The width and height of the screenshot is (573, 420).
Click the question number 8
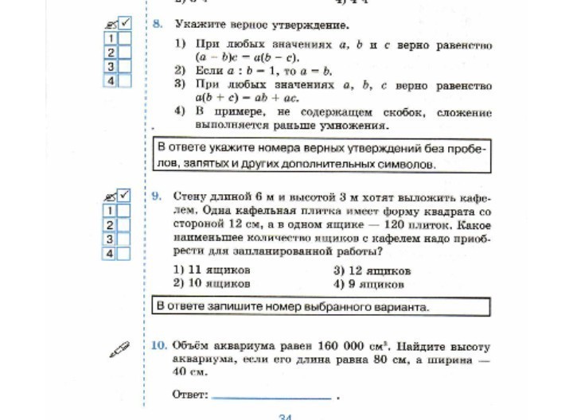coord(158,25)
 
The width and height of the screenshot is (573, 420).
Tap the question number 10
coord(158,346)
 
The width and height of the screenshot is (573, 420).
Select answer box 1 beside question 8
coord(125,38)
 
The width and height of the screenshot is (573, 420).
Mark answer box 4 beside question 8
coord(125,81)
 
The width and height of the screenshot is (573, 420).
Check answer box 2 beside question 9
coord(124,225)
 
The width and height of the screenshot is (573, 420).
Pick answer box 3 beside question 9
coord(124,239)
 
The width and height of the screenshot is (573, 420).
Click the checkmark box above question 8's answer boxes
coord(125,23)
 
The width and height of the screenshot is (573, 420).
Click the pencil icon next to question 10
coord(119,348)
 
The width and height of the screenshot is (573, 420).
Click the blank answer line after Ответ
coord(271,395)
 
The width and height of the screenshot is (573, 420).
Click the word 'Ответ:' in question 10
coord(189,395)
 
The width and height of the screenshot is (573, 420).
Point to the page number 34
coord(286,416)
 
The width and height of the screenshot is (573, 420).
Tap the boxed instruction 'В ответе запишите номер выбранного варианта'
coord(320,306)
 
